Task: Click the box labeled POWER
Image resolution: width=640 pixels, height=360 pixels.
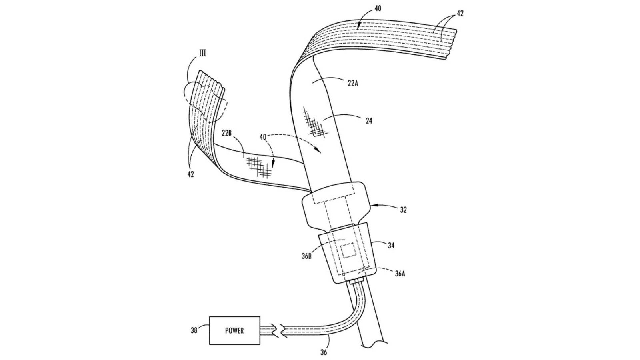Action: pyautogui.click(x=234, y=330)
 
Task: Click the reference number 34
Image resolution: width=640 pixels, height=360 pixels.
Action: pyautogui.click(x=391, y=245)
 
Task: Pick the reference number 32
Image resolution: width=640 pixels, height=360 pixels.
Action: pyautogui.click(x=403, y=210)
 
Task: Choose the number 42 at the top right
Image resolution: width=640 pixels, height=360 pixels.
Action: pyautogui.click(x=460, y=13)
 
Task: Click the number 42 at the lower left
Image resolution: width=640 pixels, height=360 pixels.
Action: pyautogui.click(x=190, y=174)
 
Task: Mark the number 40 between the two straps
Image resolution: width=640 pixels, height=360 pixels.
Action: pyautogui.click(x=263, y=137)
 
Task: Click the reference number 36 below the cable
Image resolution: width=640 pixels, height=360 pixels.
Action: pyautogui.click(x=324, y=352)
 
